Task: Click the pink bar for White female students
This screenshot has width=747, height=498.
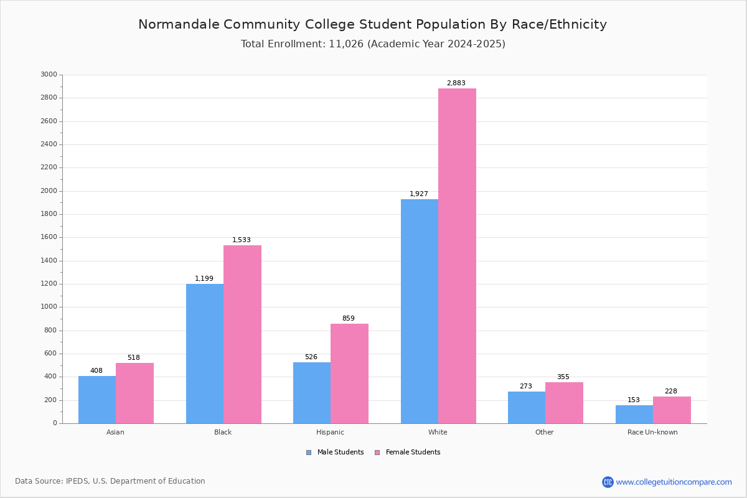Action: click(457, 256)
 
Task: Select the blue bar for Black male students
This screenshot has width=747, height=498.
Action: click(205, 354)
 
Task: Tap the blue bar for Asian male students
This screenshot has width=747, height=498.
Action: click(97, 400)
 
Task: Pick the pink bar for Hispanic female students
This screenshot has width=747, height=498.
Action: click(349, 374)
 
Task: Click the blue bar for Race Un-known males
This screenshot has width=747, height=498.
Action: click(634, 415)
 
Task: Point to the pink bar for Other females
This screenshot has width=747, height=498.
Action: click(564, 403)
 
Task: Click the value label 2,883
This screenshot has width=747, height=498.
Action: click(456, 83)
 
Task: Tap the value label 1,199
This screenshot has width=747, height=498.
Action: click(204, 278)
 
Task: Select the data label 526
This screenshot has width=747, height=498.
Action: click(311, 357)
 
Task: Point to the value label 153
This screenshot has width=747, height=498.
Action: click(633, 400)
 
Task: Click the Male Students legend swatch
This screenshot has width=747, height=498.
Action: click(309, 453)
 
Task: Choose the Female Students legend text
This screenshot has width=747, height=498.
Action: click(413, 452)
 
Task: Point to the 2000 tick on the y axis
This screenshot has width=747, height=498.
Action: click(49, 190)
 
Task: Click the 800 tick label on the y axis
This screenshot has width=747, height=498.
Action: click(50, 330)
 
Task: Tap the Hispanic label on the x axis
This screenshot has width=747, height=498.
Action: click(330, 432)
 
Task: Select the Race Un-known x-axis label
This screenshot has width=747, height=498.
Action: click(652, 432)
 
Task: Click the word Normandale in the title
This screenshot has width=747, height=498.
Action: click(179, 24)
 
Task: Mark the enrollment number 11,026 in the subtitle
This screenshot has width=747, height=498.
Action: click(346, 44)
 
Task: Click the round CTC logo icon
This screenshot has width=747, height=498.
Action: click(608, 482)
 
